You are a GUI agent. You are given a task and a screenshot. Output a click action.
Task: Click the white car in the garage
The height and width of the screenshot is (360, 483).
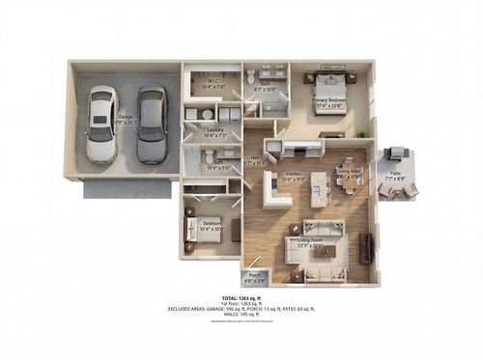(100, 125)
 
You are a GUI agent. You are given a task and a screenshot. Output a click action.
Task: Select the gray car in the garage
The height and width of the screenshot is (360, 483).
(150, 125)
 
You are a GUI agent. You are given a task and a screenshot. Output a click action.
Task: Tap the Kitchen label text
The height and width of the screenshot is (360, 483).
(291, 176)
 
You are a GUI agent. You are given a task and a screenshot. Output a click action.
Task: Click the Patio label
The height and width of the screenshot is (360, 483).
(397, 176)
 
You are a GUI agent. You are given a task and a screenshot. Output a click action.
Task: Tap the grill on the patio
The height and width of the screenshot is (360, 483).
(395, 152)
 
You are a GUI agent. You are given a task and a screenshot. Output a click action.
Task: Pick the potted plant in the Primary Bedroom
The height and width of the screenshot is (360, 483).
(361, 133)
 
